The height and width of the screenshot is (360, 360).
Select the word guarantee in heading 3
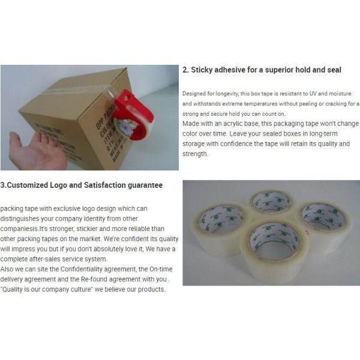click(x=142, y=185)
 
